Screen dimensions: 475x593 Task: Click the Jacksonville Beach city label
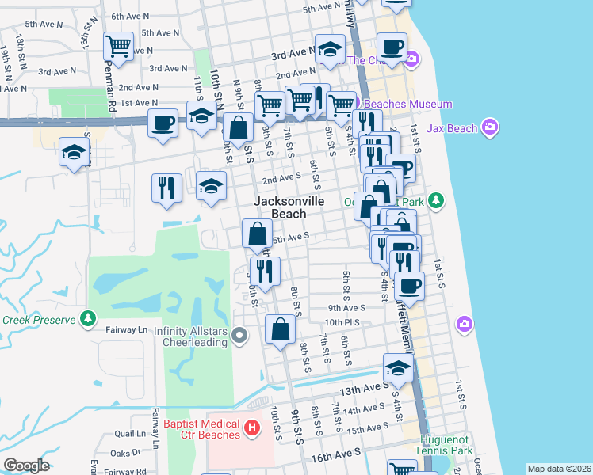(x=289, y=207)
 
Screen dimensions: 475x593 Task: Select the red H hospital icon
(x=252, y=429)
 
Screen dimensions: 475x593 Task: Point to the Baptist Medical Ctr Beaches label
(x=201, y=429)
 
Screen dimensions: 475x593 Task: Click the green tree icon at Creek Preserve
(x=88, y=320)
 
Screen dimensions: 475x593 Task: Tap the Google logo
(x=26, y=465)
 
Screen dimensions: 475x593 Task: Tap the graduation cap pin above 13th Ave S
(x=398, y=367)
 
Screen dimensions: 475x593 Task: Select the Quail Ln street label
(x=130, y=434)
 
